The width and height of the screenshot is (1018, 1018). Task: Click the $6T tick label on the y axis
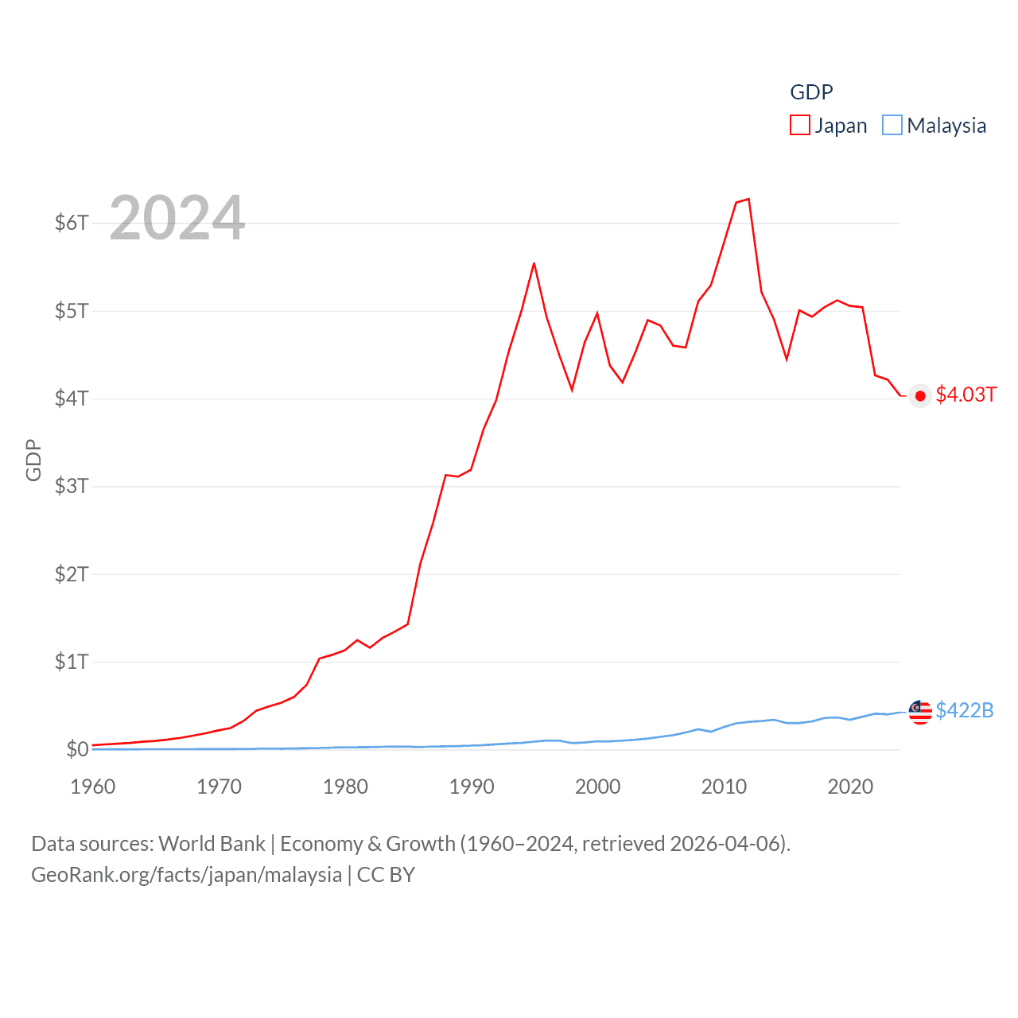(72, 223)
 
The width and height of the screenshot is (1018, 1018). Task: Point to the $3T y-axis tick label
(72, 486)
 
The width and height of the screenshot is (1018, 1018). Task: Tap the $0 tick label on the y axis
(77, 749)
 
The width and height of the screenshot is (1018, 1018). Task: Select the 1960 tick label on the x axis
(93, 787)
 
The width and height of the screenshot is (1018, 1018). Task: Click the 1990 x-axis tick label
(472, 787)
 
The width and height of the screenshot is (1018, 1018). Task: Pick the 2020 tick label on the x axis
(850, 787)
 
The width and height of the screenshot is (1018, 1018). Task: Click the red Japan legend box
(800, 126)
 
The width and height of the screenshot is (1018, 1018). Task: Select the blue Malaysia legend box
(892, 126)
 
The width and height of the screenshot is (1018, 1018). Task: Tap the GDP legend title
(811, 92)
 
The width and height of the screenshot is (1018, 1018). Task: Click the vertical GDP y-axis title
(33, 460)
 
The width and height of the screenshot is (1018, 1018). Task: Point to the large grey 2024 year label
(177, 218)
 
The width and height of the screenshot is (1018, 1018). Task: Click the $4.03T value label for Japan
(966, 394)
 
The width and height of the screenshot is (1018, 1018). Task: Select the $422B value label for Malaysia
(965, 710)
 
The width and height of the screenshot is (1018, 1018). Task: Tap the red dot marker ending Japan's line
(920, 396)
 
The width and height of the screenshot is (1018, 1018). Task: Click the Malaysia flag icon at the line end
(920, 712)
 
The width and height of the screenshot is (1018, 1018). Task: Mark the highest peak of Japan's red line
(748, 199)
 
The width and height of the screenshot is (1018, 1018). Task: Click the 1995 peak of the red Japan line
(534, 263)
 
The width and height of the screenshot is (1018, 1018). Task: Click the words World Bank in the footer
(212, 844)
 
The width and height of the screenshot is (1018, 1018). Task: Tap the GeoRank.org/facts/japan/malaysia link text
(186, 875)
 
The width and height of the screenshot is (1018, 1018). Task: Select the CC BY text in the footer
(386, 875)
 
